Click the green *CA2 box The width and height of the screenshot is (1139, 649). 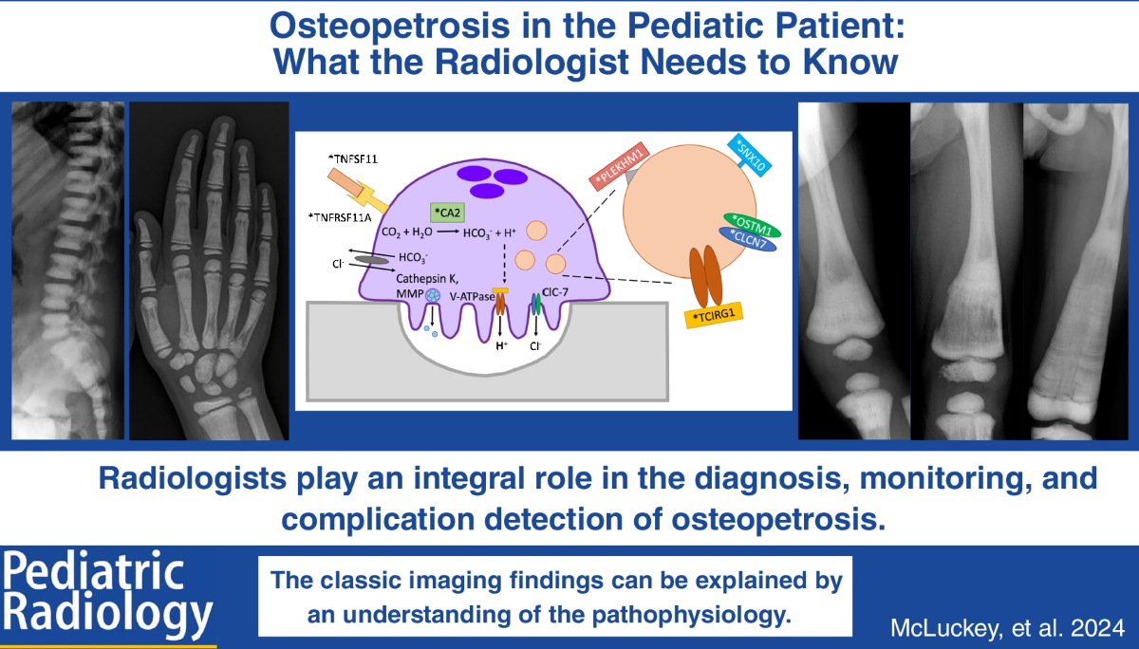(x=447, y=213)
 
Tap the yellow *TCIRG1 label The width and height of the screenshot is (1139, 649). (x=714, y=316)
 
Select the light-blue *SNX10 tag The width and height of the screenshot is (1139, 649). (x=750, y=156)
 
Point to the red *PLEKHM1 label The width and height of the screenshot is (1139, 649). (x=619, y=166)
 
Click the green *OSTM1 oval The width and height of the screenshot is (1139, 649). (x=752, y=226)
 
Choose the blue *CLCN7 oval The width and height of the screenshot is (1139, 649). (x=748, y=239)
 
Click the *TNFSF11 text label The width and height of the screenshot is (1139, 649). (x=353, y=159)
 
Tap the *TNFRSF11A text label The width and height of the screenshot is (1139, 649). (x=340, y=217)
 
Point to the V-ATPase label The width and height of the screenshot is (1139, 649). (x=472, y=296)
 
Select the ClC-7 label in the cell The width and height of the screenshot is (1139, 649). (x=554, y=292)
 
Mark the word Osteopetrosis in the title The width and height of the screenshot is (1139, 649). (x=389, y=27)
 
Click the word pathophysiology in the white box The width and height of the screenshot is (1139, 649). (x=692, y=615)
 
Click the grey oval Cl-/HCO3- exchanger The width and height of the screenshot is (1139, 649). (x=372, y=260)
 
